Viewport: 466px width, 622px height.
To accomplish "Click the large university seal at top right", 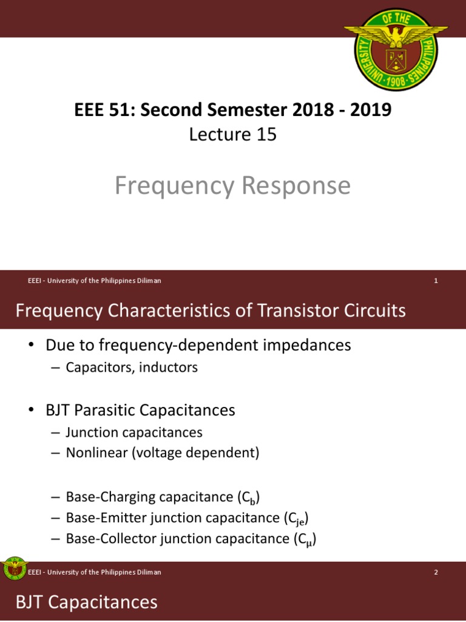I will click(396, 47).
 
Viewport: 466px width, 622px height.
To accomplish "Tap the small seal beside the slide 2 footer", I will click(14, 569).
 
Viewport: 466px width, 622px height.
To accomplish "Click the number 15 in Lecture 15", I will click(266, 134).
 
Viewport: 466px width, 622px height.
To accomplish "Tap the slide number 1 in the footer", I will click(436, 281).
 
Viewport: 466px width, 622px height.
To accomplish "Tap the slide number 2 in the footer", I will click(436, 572).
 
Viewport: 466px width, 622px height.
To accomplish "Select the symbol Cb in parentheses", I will click(249, 498).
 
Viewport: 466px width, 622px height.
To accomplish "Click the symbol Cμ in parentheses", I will click(305, 539).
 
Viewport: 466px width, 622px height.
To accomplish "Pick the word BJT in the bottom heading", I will click(29, 603).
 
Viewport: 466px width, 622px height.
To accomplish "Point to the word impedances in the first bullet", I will click(303, 345).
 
